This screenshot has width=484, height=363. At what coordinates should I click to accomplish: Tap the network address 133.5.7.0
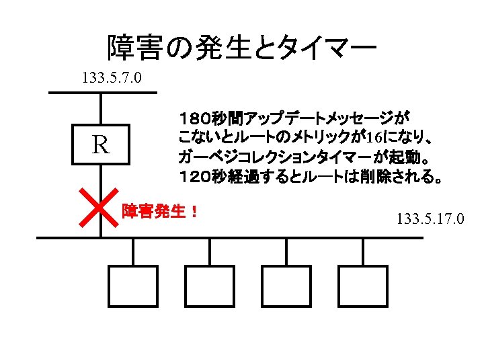pyautogui.click(x=112, y=78)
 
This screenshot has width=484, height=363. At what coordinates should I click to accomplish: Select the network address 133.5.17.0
pyautogui.click(x=430, y=218)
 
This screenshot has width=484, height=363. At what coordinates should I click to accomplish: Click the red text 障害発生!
pyautogui.click(x=159, y=211)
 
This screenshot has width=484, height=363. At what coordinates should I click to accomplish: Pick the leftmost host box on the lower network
pyautogui.click(x=133, y=286)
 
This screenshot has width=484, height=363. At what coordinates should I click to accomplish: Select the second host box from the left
pyautogui.click(x=210, y=286)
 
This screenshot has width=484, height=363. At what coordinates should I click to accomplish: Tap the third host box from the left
pyautogui.click(x=286, y=286)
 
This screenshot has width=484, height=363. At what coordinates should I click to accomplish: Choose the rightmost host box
pyautogui.click(x=363, y=286)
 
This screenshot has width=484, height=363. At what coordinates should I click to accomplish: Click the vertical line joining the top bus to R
pyautogui.click(x=101, y=109)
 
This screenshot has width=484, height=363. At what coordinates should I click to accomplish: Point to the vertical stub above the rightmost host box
pyautogui.click(x=363, y=251)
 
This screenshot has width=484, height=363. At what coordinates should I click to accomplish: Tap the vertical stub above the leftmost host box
pyautogui.click(x=133, y=251)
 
